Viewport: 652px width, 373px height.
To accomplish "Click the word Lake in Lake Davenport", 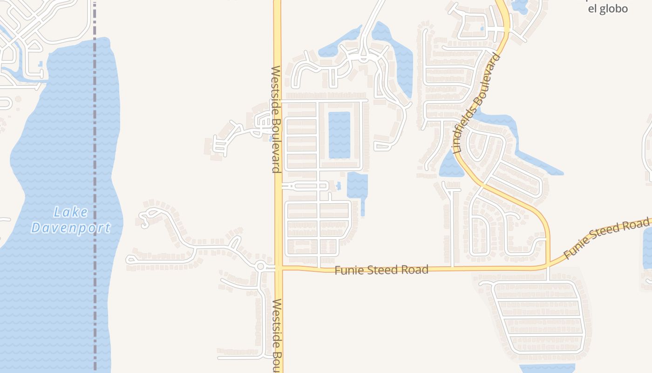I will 71,212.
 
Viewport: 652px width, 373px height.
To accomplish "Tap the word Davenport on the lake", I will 71,228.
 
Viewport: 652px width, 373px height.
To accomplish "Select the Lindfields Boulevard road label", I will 476,104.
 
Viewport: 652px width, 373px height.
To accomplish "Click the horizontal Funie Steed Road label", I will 381,269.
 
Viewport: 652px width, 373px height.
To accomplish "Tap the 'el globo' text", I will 608,9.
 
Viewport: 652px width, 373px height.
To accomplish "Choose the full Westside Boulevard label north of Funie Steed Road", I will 276,119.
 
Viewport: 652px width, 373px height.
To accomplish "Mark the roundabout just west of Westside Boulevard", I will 260,267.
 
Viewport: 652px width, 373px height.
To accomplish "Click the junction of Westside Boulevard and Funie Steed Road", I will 278,268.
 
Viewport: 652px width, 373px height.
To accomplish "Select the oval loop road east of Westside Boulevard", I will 306,186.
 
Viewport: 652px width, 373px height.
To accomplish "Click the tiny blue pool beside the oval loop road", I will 339,186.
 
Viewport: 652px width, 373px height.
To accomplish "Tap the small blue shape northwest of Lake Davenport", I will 41,64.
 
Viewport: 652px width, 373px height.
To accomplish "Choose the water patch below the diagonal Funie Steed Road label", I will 647,247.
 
